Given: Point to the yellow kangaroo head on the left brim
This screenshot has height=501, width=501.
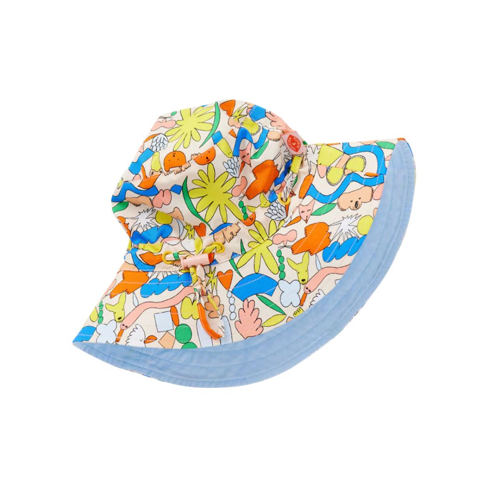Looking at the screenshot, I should point(116,307).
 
